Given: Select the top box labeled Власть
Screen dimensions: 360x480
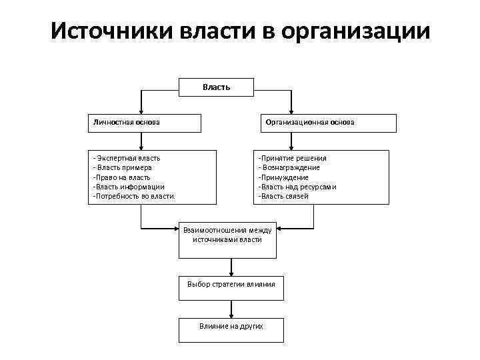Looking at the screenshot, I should (216, 86).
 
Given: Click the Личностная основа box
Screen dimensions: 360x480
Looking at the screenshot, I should (145, 123).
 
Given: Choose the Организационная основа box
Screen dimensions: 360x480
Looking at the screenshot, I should (327, 123).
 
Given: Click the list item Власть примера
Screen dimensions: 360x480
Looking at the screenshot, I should (124, 167).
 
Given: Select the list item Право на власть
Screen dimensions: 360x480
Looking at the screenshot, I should (123, 177).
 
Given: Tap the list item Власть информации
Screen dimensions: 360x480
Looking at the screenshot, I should (129, 187).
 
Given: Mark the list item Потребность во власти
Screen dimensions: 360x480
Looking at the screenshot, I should (135, 197).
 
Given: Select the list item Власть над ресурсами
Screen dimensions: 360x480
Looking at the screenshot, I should (297, 187).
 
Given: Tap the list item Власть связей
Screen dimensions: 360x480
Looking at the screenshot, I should (285, 197).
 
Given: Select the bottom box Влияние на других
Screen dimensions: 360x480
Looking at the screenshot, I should (231, 329).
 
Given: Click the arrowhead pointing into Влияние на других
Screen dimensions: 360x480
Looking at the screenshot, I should (231, 315).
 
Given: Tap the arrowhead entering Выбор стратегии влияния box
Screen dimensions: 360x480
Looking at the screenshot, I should (231, 271).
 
